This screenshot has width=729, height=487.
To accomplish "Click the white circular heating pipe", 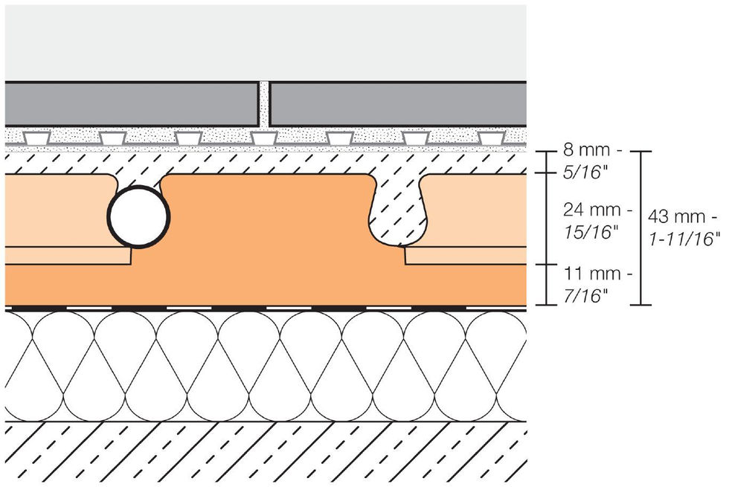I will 139,216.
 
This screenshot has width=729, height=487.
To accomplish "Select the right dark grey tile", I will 397,105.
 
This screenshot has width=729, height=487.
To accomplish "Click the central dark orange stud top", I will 268,216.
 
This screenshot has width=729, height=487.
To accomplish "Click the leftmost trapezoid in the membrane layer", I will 36,138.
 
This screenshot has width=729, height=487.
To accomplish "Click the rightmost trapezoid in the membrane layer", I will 490,138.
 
